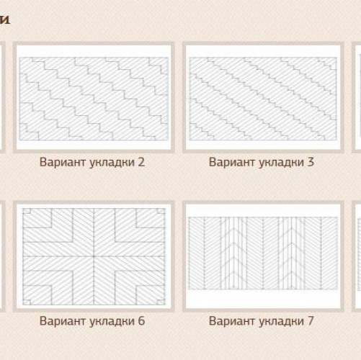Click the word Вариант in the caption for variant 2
[x=61, y=162]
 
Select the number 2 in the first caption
[x=141, y=162]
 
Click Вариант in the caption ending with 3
[x=231, y=162]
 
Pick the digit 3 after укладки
[x=311, y=162]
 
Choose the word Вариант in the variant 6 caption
[x=61, y=320]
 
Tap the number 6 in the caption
[x=141, y=320]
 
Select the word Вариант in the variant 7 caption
[x=231, y=320]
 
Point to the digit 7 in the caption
[x=311, y=320]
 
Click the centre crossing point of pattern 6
[x=93, y=256]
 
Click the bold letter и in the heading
[x=4, y=19]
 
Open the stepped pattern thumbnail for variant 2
[x=93, y=98]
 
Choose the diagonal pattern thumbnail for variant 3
[x=262, y=98]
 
